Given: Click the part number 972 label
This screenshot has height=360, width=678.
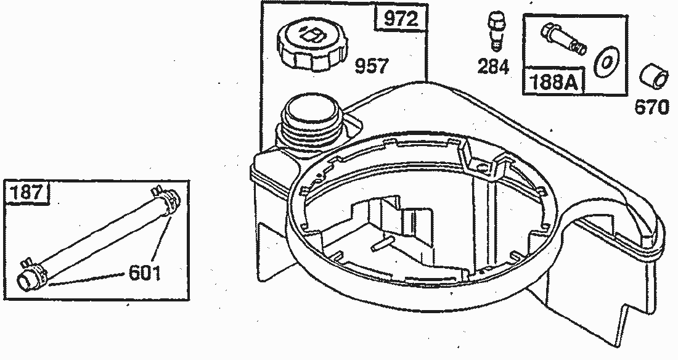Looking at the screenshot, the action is click(x=401, y=18).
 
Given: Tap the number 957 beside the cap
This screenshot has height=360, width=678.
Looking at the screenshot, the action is click(x=372, y=66).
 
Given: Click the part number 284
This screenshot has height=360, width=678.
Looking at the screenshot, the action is click(x=493, y=67).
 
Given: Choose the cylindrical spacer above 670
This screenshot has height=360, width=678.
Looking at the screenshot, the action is click(x=653, y=77).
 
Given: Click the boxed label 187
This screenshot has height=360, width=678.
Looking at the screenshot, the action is click(x=27, y=191).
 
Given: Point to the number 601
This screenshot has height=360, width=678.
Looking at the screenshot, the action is click(x=145, y=272).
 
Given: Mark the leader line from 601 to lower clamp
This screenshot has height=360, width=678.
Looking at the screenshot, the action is click(x=88, y=279).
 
